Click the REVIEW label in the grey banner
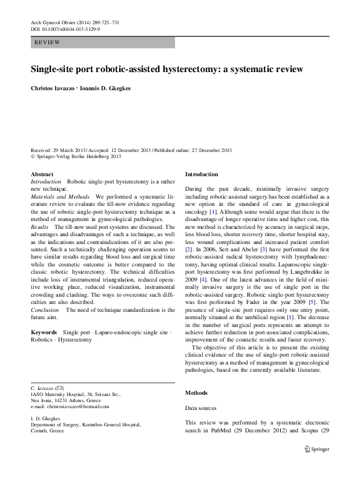48,42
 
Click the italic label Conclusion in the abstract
45,309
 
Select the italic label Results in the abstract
40,225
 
